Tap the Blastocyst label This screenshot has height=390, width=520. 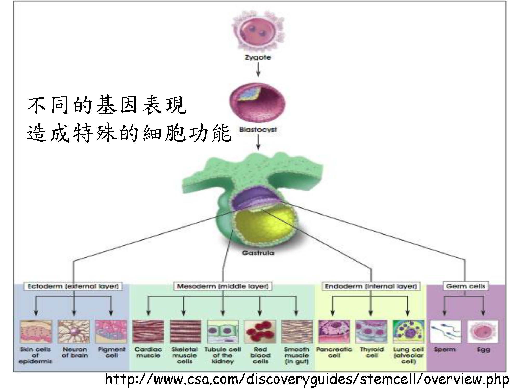pyautogui.click(x=258, y=129)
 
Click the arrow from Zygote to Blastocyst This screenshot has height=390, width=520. pyautogui.click(x=258, y=69)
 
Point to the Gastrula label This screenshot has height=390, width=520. pyautogui.click(x=258, y=253)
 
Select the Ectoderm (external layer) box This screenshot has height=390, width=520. pyautogui.click(x=73, y=286)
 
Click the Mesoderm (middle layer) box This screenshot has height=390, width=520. pyautogui.click(x=223, y=286)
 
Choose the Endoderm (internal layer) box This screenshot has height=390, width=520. pyautogui.click(x=371, y=286)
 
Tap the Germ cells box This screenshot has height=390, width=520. pyautogui.click(x=465, y=286)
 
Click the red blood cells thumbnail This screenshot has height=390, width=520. pyautogui.click(x=260, y=331)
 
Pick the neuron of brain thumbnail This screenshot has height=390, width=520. pyautogui.click(x=74, y=331)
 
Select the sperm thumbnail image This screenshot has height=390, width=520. pyautogui.click(x=445, y=331)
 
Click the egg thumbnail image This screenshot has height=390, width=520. pyautogui.click(x=483, y=331)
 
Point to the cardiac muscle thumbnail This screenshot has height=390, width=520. pyautogui.click(x=148, y=331)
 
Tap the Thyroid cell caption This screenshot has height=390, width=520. pyautogui.click(x=372, y=352)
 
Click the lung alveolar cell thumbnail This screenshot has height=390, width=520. pyautogui.click(x=408, y=331)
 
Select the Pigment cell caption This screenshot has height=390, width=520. pyautogui.click(x=112, y=352)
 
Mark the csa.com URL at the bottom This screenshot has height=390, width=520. pyautogui.click(x=307, y=379)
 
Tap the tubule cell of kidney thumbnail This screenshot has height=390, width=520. pyautogui.click(x=223, y=331)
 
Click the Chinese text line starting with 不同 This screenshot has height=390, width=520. pyautogui.click(x=107, y=105)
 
